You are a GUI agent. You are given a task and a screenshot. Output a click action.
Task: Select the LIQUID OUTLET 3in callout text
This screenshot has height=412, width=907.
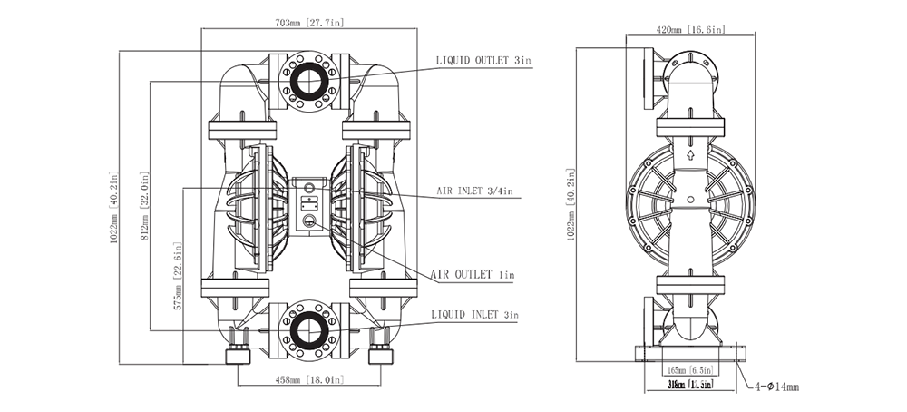483,61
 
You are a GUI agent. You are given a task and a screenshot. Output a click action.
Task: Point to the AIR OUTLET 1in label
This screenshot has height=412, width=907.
473,274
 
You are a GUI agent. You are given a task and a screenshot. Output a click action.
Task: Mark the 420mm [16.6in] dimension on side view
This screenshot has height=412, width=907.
690,29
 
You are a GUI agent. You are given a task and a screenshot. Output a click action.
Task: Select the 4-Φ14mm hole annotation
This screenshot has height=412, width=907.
776,387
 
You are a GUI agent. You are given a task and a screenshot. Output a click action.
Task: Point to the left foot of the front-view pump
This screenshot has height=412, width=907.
239,354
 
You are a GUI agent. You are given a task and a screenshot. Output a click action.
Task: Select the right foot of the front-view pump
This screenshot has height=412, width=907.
379,354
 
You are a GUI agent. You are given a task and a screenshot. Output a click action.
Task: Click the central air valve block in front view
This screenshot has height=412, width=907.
308,204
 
